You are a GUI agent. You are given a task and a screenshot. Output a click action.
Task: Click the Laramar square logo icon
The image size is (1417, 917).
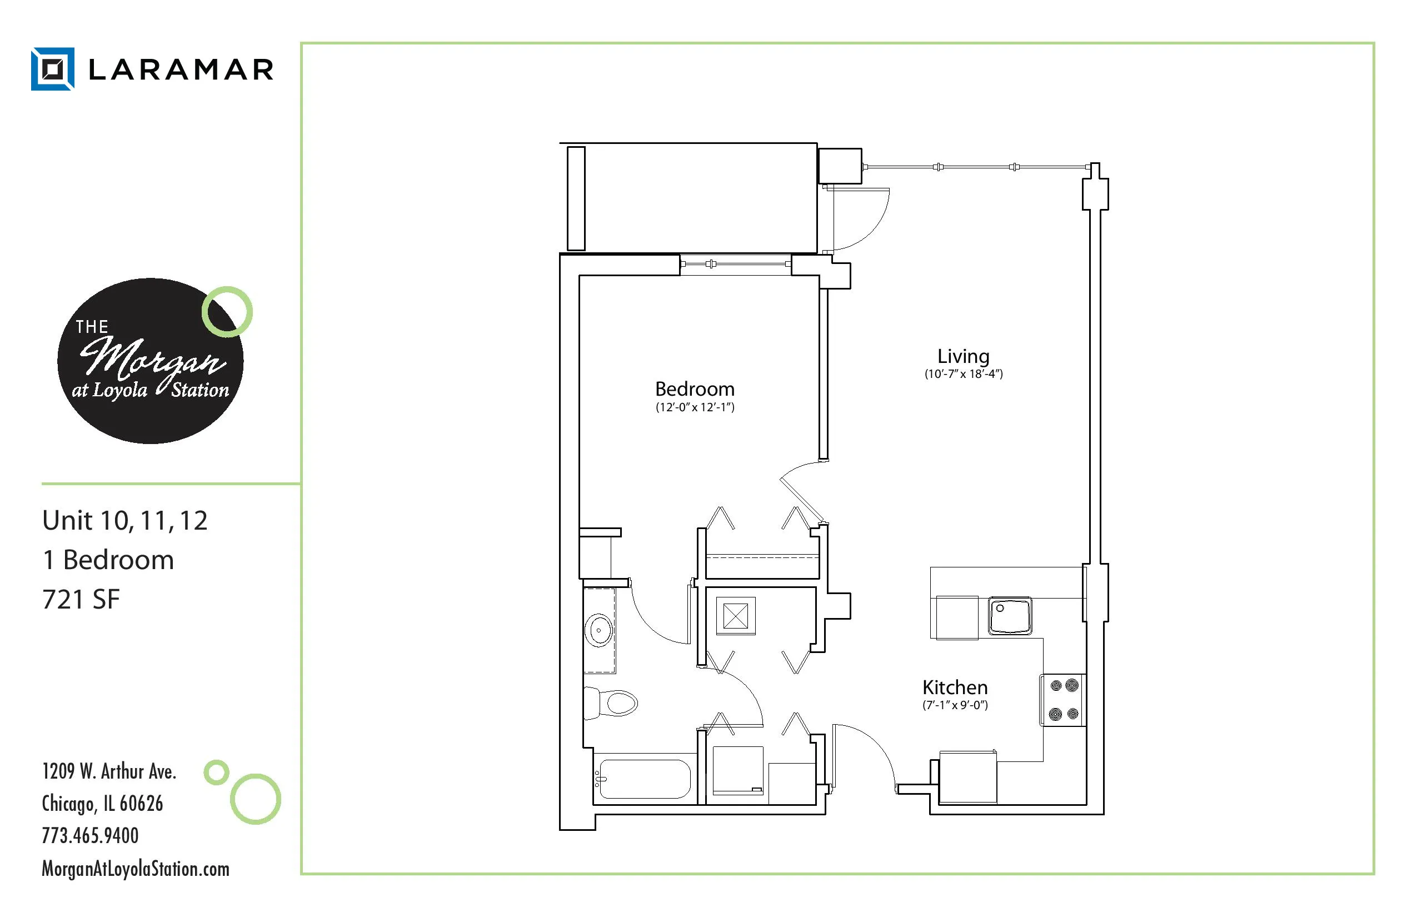tap(52, 69)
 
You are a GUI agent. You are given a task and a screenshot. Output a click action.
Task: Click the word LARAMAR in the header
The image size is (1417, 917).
tap(181, 69)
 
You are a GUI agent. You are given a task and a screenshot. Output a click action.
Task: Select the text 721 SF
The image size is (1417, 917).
tap(81, 599)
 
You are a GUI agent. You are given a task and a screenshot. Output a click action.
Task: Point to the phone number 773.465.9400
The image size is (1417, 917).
tap(90, 835)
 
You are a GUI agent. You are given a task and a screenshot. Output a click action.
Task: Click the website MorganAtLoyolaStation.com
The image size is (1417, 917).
tap(135, 869)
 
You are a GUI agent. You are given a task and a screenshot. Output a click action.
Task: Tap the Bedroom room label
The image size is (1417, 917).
tap(695, 390)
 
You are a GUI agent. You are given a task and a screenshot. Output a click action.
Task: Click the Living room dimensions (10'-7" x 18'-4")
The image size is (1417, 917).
tap(964, 374)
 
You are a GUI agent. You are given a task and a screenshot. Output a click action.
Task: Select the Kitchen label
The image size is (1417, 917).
tap(955, 688)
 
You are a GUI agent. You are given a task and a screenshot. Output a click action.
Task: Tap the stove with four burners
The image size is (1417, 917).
tap(1064, 700)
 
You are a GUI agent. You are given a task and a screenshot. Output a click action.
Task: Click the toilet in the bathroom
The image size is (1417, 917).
tap(613, 703)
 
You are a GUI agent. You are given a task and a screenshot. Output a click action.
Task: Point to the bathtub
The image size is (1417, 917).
tap(645, 779)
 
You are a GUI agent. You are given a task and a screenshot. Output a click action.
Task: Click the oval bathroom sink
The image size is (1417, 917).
tap(599, 630)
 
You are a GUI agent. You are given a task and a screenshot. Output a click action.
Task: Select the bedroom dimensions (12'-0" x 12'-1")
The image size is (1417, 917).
tap(695, 407)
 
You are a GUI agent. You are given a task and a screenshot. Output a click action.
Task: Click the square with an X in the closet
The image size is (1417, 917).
tap(735, 616)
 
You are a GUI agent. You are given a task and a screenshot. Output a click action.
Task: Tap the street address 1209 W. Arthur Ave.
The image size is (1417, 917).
tap(109, 772)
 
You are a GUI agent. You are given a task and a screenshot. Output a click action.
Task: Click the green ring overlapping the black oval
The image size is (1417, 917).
tap(227, 311)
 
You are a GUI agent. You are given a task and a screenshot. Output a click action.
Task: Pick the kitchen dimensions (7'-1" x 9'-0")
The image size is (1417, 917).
tap(955, 706)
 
